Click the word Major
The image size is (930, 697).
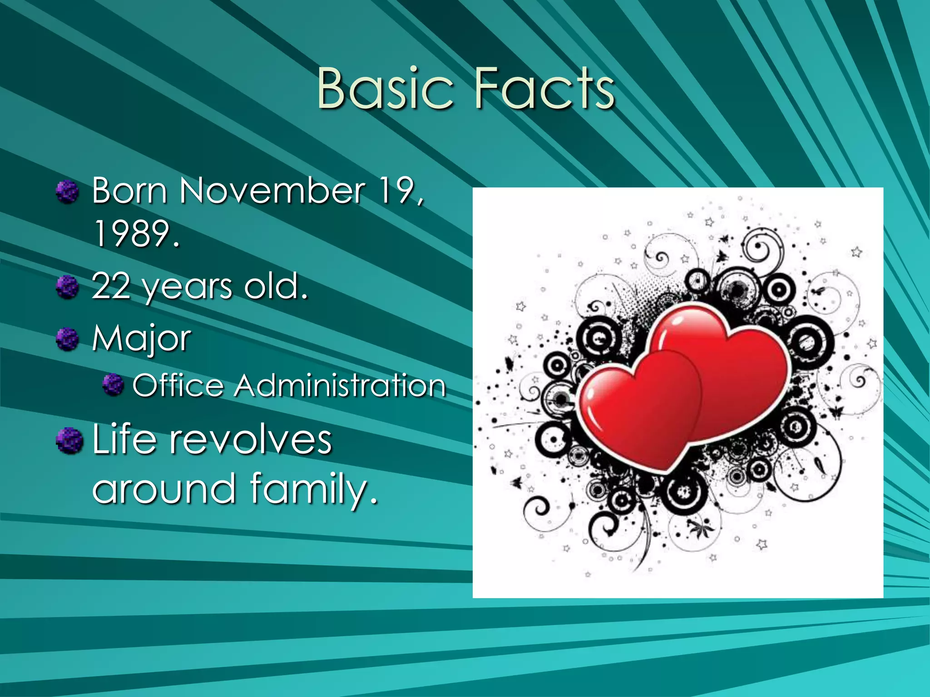142,339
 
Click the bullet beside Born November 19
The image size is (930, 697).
68,191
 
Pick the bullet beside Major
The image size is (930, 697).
68,339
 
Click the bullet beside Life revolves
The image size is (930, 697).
69,440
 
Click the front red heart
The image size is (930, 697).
640,408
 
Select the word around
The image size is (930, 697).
164,489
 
